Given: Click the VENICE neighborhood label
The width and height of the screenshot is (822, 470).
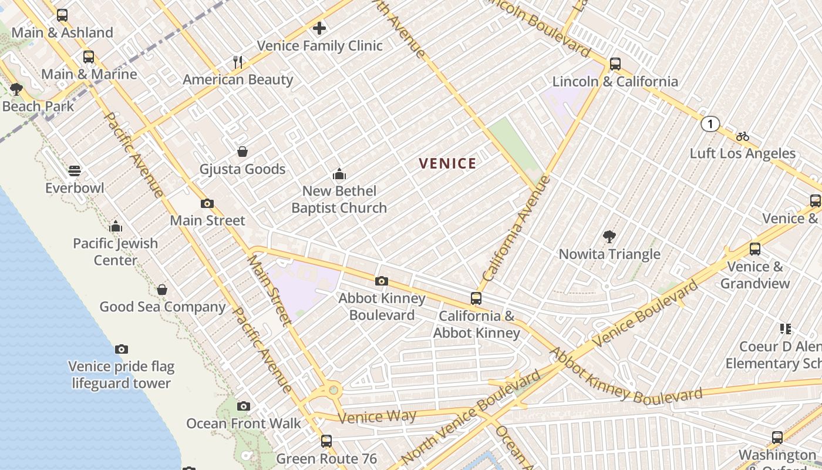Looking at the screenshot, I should pyautogui.click(x=447, y=164).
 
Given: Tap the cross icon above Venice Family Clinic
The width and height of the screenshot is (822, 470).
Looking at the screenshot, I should pyautogui.click(x=319, y=28).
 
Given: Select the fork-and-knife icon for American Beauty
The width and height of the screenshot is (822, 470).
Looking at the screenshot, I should pyautogui.click(x=238, y=62).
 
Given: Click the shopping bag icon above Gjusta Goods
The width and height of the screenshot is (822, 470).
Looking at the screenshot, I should pyautogui.click(x=242, y=152).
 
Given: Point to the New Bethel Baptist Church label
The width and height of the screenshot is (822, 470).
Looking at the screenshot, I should pyautogui.click(x=339, y=199).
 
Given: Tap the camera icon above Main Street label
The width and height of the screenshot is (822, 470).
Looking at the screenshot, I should pyautogui.click(x=207, y=203).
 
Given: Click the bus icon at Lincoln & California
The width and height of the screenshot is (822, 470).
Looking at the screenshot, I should pyautogui.click(x=615, y=63).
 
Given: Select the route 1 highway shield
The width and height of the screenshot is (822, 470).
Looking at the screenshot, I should pyautogui.click(x=710, y=124).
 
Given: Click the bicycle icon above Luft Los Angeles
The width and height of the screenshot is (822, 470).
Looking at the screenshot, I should pyautogui.click(x=742, y=136).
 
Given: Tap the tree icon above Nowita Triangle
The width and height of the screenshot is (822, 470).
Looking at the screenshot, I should pyautogui.click(x=609, y=237).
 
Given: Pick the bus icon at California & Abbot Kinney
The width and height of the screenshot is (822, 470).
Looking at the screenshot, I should pyautogui.click(x=476, y=298).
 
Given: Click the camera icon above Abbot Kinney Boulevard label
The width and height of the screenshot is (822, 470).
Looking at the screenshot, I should pyautogui.click(x=382, y=281).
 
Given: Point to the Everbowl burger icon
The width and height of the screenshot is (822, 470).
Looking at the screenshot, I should pyautogui.click(x=75, y=171).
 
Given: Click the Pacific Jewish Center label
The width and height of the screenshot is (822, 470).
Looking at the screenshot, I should pyautogui.click(x=116, y=251).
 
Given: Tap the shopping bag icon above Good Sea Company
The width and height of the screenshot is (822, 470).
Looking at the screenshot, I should pyautogui.click(x=162, y=290).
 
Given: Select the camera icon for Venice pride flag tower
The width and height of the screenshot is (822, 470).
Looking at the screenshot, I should pyautogui.click(x=121, y=349).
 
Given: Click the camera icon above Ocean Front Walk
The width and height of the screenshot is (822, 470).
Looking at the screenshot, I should pyautogui.click(x=243, y=406).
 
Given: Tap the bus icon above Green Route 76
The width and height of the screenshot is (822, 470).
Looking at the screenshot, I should pyautogui.click(x=326, y=441).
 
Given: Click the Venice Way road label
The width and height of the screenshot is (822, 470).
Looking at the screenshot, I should pyautogui.click(x=378, y=417).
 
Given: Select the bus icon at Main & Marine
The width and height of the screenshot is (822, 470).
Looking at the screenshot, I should pyautogui.click(x=89, y=57).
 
